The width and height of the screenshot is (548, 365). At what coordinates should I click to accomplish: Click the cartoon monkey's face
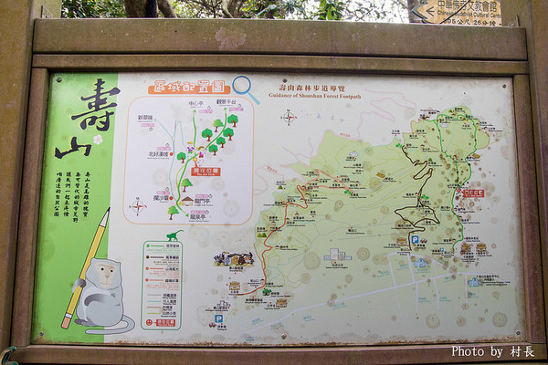click(x=101, y=276)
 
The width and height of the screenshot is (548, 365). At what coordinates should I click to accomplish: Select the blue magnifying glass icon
click(x=246, y=89)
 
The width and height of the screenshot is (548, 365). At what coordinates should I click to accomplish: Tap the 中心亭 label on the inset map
click(x=196, y=104)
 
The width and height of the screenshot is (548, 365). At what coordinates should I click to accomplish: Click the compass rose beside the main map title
click(x=289, y=117)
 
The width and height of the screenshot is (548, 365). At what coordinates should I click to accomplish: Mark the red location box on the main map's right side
click(x=472, y=193)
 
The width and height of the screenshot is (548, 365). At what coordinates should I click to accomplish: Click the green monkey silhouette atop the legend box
click(x=173, y=235)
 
